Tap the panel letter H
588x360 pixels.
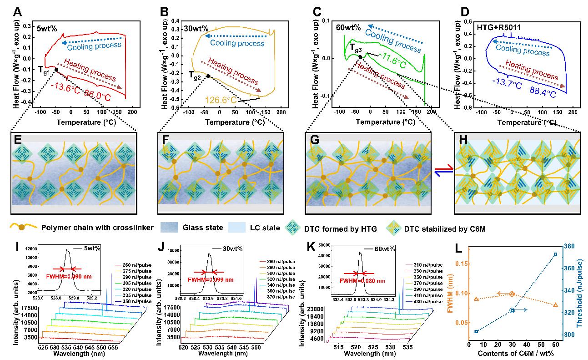[x=463, y=140]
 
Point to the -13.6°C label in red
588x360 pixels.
[x=65, y=88]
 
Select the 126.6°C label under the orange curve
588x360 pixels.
[x=221, y=100]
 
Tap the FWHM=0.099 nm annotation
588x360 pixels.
[x=211, y=279]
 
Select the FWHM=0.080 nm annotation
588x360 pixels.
[x=362, y=281]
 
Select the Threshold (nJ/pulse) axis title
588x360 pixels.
[x=579, y=291]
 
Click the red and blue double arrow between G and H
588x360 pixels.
[x=443, y=170]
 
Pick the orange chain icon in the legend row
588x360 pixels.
[x=22, y=227]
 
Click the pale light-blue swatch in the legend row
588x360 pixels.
[x=236, y=227]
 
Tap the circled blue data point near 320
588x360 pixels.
[x=512, y=310]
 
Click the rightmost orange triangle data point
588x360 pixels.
[x=555, y=304]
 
